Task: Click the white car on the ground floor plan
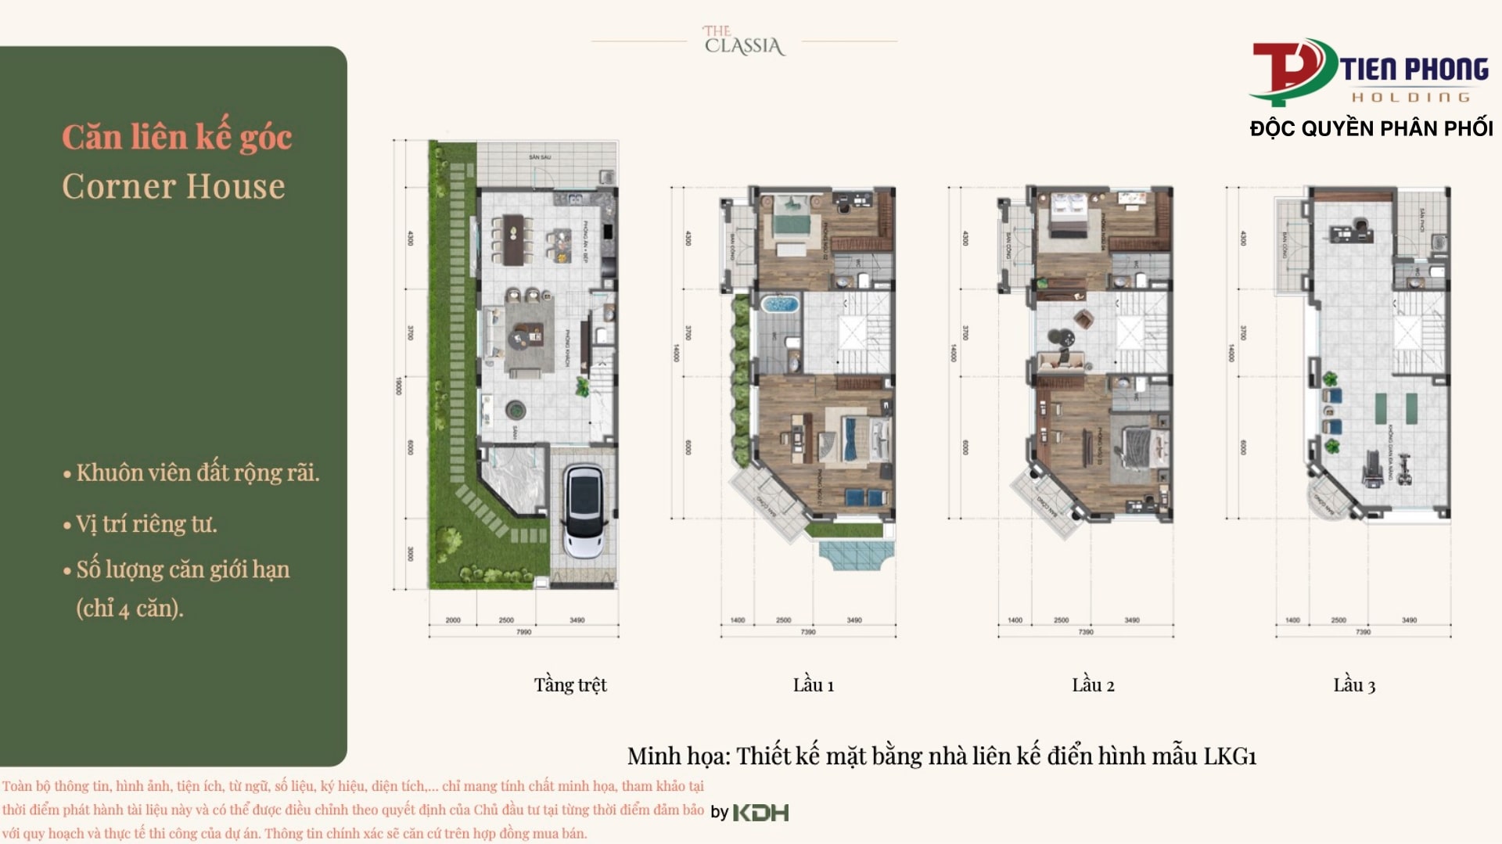click(x=584, y=512)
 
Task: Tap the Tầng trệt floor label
click(x=570, y=685)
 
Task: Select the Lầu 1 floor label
click(x=813, y=685)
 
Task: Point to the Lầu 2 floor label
click(x=1093, y=685)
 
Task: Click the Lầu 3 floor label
click(x=1354, y=685)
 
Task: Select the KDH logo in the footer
click(x=760, y=813)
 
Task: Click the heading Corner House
click(x=174, y=187)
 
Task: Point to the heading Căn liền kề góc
click(x=177, y=138)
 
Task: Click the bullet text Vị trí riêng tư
click(x=146, y=524)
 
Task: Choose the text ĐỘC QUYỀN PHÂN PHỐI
click(x=1371, y=129)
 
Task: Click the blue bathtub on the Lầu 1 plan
click(x=778, y=303)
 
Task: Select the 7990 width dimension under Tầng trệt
click(x=523, y=632)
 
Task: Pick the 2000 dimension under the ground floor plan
click(x=453, y=620)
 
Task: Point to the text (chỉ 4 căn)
click(x=130, y=609)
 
